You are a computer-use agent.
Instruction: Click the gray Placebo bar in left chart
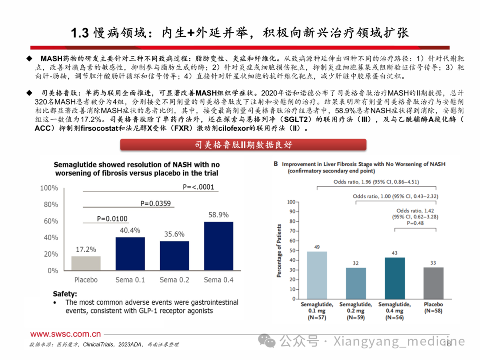click(x=86, y=263)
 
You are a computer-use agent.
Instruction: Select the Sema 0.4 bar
click(x=218, y=246)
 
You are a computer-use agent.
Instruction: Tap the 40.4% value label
click(x=130, y=230)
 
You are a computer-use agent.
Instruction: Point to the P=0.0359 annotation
click(x=156, y=203)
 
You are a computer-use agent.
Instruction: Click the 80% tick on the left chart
click(x=49, y=204)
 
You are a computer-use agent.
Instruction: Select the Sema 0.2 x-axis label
click(x=174, y=280)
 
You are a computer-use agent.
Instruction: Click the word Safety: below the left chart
click(x=65, y=294)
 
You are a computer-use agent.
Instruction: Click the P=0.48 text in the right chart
click(x=415, y=224)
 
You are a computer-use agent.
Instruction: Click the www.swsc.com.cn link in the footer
click(x=65, y=334)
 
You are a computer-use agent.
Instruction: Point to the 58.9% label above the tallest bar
click(x=218, y=214)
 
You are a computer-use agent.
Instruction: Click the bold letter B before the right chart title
click(x=276, y=164)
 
